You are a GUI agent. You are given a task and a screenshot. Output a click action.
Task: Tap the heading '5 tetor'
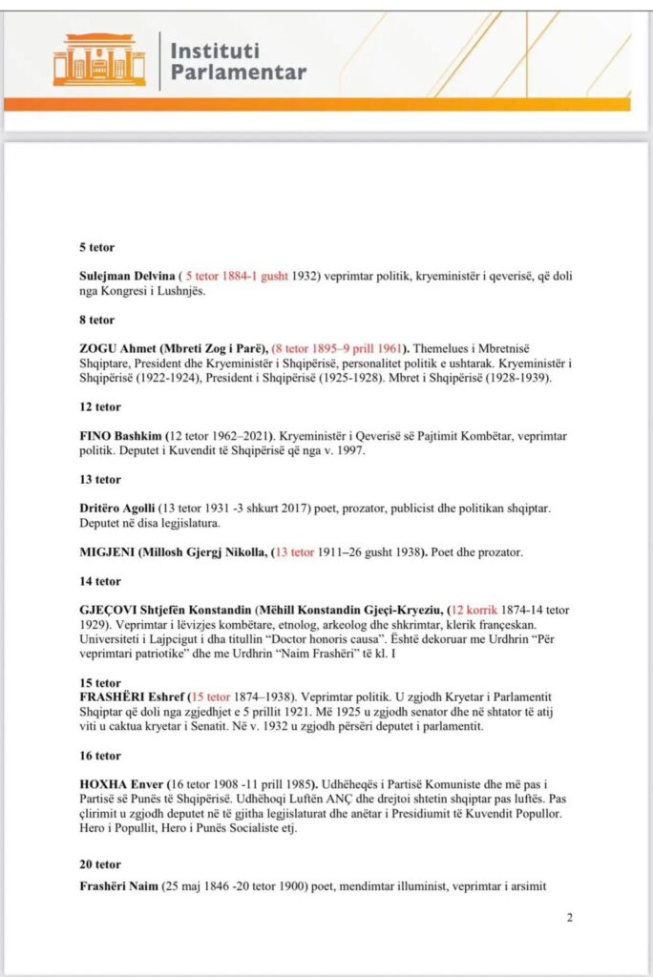click(x=96, y=246)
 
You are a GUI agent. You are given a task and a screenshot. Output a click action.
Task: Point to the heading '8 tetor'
click(x=96, y=320)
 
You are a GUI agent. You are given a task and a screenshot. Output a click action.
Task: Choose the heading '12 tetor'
click(x=99, y=406)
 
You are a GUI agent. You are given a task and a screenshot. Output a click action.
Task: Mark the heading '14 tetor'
click(x=99, y=580)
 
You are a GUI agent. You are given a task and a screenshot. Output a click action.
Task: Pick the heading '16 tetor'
click(x=99, y=756)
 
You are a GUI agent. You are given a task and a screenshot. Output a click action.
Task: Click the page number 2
click(x=570, y=918)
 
